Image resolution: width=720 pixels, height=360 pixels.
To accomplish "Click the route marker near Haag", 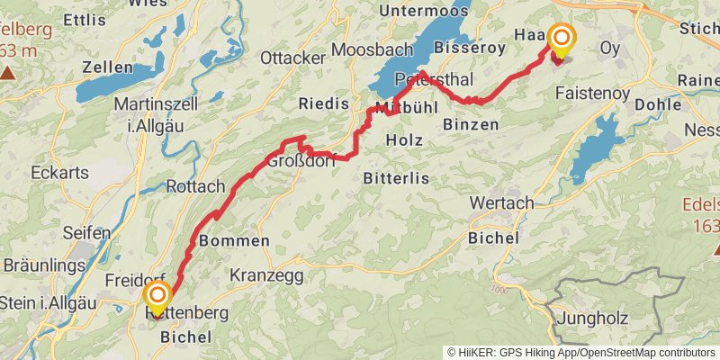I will pyautogui.click(x=562, y=39).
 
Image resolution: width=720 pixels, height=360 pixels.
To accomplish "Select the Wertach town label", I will pyautogui.click(x=501, y=202).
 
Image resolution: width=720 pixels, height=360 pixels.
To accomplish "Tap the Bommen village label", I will pyautogui.click(x=233, y=241).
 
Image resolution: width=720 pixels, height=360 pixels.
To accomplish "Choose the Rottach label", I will pyautogui.click(x=195, y=186).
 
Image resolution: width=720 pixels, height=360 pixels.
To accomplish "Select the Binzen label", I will pyautogui.click(x=471, y=125).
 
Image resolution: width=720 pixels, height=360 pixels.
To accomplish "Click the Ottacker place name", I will pyautogui.click(x=292, y=58).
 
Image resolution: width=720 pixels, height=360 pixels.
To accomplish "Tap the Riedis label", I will pyautogui.click(x=321, y=103).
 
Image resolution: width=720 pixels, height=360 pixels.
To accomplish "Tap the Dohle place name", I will pyautogui.click(x=658, y=104).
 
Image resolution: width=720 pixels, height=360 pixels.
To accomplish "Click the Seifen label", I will pyautogui.click(x=87, y=232).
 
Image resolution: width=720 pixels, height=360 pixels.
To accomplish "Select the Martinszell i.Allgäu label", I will pyautogui.click(x=148, y=114).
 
